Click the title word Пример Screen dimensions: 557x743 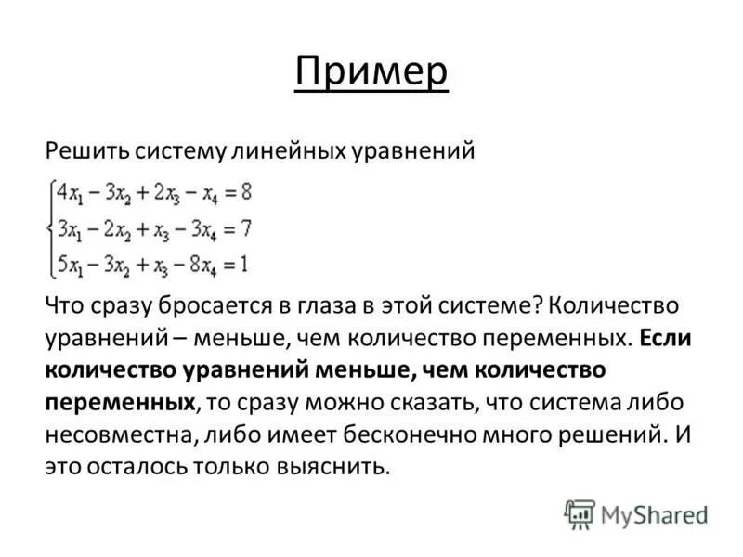(x=371, y=71)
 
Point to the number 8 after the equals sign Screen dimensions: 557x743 (x=245, y=194)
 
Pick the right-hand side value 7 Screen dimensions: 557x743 (x=245, y=229)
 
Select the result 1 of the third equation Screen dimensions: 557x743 (x=243, y=264)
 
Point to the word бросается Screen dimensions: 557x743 (x=189, y=306)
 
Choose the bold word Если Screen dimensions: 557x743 (x=665, y=338)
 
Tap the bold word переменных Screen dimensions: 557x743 (x=121, y=402)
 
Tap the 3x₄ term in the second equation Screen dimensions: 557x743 (x=197, y=229)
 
